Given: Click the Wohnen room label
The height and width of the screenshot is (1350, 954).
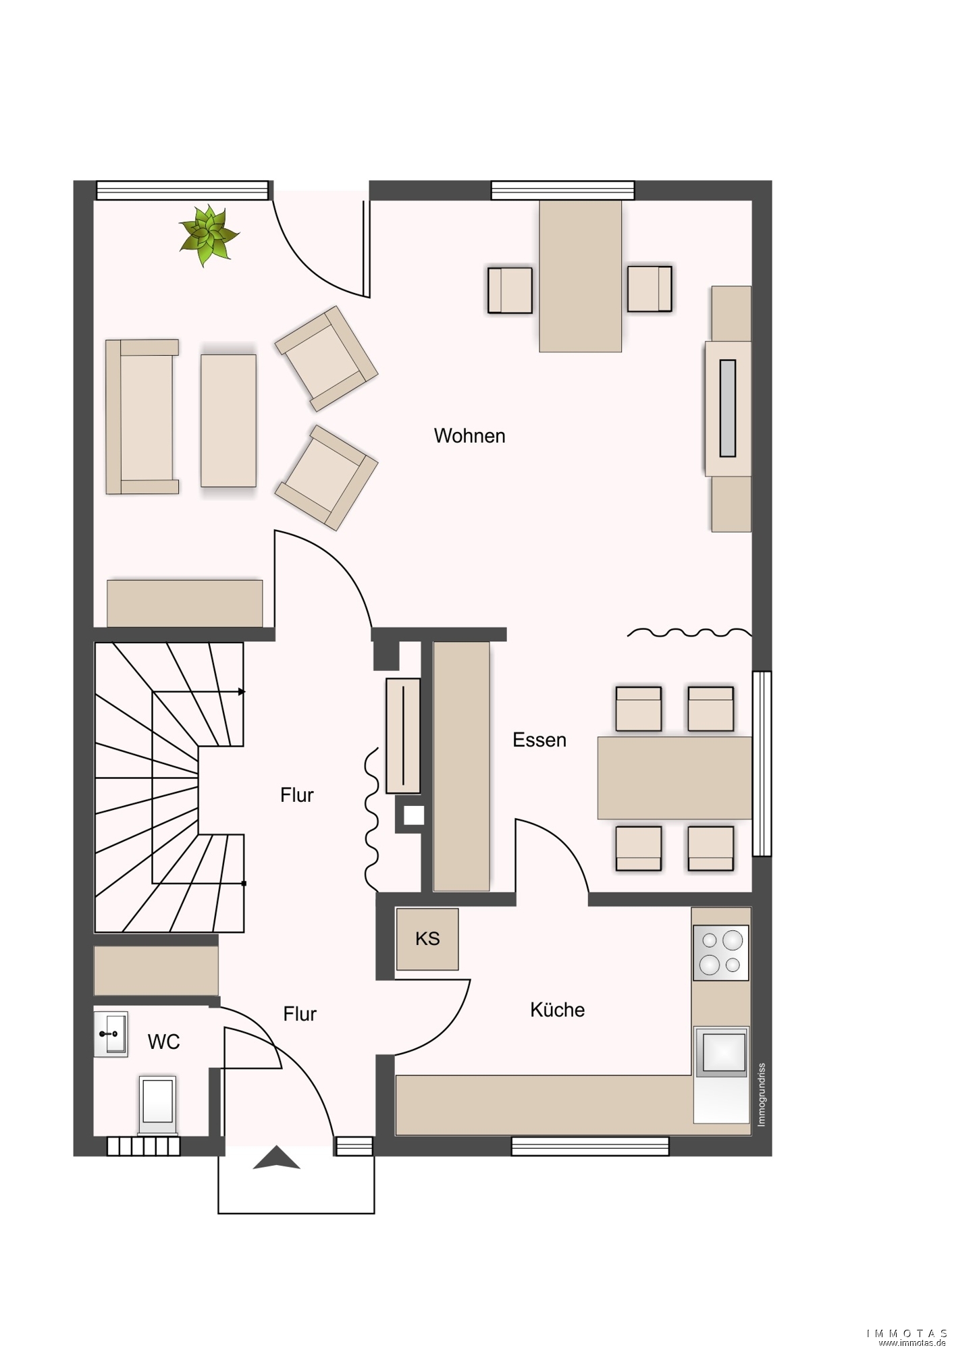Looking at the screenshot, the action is tap(469, 436).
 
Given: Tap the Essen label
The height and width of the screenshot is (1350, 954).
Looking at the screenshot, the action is tap(539, 740).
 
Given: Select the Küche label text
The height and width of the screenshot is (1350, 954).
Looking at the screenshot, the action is tap(557, 1009).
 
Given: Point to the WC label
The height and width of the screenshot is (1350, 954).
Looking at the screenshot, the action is tap(164, 1042).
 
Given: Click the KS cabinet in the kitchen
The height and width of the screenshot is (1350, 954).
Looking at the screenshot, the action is tap(427, 939).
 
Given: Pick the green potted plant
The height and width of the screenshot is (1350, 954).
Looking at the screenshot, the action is tap(209, 236).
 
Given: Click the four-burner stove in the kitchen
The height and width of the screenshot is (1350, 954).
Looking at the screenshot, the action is tap(721, 952).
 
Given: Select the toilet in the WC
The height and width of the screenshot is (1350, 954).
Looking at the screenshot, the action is tap(157, 1105).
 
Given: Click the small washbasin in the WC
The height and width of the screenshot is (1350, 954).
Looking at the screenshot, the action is tap(111, 1034).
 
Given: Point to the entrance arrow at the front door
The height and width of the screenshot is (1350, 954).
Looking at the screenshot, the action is tap(276, 1158).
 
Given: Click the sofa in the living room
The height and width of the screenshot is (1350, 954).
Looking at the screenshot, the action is tap(142, 417).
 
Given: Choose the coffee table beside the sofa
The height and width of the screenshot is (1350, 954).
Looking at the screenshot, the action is tap(228, 421).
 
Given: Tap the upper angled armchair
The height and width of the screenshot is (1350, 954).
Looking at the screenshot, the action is tap(326, 358).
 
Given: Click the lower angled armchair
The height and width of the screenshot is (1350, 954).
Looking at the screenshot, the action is tap(326, 477).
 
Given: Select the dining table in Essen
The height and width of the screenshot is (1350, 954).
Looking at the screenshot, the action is tap(674, 778).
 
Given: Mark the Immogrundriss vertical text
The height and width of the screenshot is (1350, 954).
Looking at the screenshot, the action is tap(762, 1095).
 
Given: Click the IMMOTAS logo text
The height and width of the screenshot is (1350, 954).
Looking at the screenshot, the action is tap(907, 1333).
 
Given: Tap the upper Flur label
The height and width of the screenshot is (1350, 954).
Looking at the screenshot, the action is tap(297, 795).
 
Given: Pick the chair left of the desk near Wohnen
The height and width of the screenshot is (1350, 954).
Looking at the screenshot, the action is tap(510, 290).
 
